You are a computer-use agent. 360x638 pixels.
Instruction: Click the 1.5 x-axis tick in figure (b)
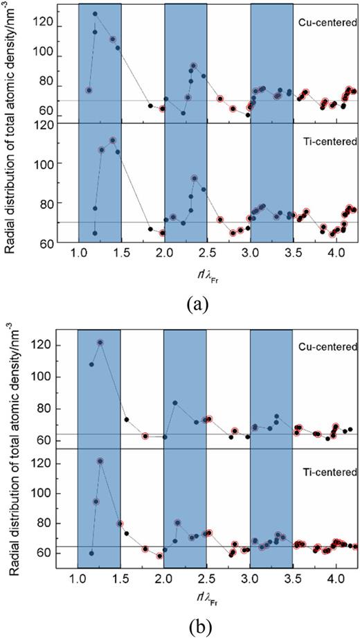coord(120,578)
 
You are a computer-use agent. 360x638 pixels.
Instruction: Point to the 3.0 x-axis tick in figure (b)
coord(250,578)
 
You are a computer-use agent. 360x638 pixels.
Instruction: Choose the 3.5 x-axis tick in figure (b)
coord(293,578)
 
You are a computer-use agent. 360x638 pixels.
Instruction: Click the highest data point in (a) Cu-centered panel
coord(96,14)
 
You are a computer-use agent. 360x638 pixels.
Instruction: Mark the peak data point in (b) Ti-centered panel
coord(100,461)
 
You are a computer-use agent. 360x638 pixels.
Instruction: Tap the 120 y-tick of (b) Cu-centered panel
coord(47,345)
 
